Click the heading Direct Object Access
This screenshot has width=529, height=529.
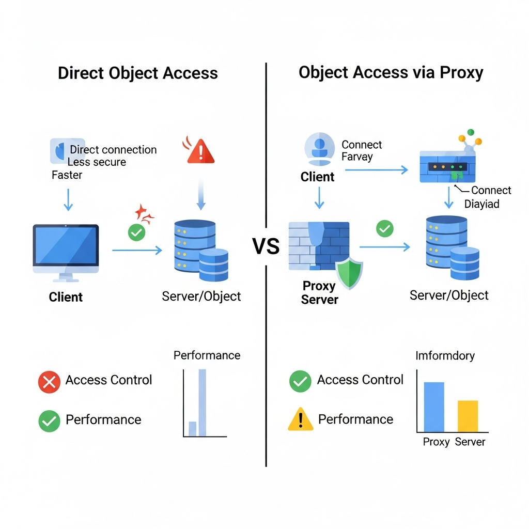(x=137, y=73)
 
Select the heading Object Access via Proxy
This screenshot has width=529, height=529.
(x=391, y=72)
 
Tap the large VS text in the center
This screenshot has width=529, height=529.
(x=266, y=246)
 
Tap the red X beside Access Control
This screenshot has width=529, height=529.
(x=50, y=382)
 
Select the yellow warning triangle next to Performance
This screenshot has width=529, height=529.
(x=300, y=419)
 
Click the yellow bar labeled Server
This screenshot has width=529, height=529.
(x=468, y=416)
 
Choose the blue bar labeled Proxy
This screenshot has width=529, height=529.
(x=434, y=407)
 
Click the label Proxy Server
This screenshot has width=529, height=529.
(x=319, y=292)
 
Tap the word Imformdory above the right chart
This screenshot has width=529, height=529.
(x=445, y=355)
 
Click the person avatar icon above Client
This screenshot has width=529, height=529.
(x=319, y=147)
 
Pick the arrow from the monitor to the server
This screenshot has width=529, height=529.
(x=137, y=250)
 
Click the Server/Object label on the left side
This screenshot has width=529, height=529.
(x=201, y=296)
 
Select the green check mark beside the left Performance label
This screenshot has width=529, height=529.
(x=49, y=421)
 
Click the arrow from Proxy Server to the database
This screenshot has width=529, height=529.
(x=384, y=247)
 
